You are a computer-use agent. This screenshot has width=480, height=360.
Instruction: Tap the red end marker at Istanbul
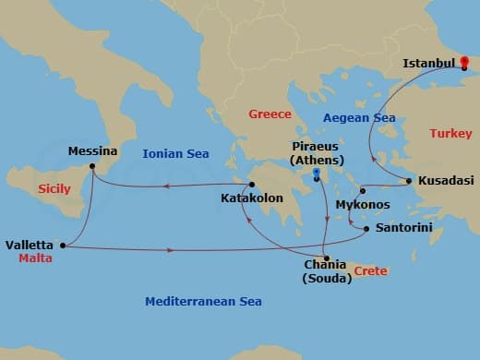464,65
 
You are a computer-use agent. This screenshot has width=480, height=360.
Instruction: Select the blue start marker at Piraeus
316,173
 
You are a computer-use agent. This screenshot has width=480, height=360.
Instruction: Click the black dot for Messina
91,166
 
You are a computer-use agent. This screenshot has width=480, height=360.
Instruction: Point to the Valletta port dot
62,246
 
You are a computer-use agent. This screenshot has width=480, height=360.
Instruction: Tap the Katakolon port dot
251,185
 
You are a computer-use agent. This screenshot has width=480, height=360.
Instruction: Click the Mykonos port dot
363,191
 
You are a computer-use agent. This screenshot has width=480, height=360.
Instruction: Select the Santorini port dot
366,228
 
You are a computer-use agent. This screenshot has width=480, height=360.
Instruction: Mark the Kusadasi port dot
409,180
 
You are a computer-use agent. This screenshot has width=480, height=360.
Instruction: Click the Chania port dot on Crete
326,258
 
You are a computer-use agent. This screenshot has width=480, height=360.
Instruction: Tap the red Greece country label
270,114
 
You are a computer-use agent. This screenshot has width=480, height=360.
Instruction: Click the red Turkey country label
450,134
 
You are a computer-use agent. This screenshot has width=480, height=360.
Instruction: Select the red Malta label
34,259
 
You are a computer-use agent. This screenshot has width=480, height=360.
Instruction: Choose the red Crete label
370,270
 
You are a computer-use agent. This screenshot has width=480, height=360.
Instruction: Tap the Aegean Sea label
358,118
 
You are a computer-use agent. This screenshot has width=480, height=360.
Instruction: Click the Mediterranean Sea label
203,302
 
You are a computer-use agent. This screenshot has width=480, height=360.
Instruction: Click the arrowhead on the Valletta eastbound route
170,250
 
